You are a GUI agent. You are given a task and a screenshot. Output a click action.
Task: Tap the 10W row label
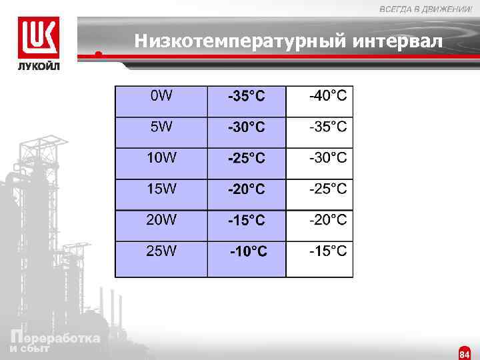162,158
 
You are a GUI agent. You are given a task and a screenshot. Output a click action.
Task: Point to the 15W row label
162,189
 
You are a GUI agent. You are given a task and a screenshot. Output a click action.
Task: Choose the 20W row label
162,219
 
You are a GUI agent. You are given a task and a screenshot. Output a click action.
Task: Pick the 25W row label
162,251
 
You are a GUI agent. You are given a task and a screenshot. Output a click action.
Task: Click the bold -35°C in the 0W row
247,97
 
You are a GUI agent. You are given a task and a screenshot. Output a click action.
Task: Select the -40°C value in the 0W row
327,96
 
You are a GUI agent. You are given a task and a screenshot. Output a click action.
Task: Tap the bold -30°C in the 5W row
247,127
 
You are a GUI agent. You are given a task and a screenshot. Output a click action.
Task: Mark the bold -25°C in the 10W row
247,159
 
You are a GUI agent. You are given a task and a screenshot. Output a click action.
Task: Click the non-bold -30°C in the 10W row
327,158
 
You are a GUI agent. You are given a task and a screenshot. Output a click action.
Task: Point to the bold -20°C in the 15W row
247,189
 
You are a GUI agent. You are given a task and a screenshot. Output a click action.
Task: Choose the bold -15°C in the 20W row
247,220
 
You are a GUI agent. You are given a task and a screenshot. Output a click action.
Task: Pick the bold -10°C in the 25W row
249,252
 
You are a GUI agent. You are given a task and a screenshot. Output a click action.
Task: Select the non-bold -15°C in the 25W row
327,251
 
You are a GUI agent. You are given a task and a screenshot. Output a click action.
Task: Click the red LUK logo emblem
38,38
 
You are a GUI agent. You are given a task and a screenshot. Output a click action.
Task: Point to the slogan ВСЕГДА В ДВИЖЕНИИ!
425,9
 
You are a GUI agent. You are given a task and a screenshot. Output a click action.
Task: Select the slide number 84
465,354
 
